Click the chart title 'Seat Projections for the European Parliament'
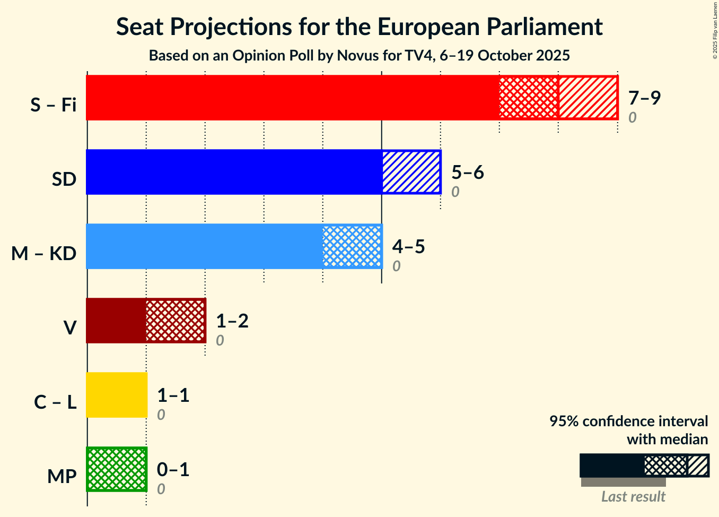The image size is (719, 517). point(359,27)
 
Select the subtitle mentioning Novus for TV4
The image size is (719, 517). point(359,55)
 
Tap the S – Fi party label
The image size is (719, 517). point(54,105)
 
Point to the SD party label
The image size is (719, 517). point(64,179)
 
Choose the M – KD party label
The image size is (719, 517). point(44,254)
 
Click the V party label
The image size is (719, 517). point(69,328)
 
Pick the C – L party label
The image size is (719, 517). point(55,402)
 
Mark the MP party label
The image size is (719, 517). point(62,477)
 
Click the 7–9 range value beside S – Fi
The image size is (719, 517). point(644,98)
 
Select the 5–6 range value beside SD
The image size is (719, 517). point(468,172)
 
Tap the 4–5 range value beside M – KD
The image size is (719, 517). point(409,246)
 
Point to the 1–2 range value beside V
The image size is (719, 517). point(232,321)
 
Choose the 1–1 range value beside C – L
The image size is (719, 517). point(173,395)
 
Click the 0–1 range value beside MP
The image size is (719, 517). point(173,469)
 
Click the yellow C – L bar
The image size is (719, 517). point(117,395)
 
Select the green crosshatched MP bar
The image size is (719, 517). point(117,469)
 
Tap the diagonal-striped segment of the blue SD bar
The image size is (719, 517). point(411,172)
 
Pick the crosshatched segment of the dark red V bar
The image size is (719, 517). point(176,321)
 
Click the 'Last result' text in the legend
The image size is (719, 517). point(633,497)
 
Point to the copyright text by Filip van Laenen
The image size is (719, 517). point(715,30)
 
